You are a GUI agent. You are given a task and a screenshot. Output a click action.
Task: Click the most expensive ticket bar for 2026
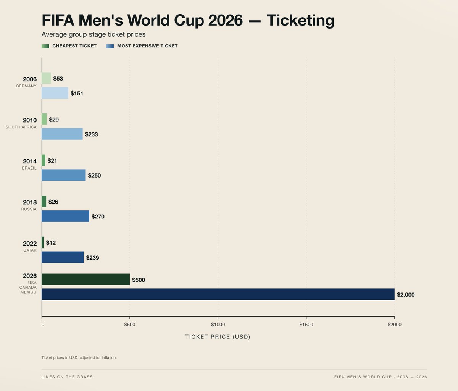(218, 294)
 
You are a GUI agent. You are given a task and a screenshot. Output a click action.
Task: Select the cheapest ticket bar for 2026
(85, 280)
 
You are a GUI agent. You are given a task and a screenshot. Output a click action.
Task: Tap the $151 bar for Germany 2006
(55, 93)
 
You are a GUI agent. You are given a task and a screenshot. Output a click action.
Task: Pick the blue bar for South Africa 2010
(62, 134)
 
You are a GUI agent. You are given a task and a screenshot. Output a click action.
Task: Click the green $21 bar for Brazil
(44, 160)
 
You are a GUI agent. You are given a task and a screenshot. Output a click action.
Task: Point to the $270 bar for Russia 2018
(65, 216)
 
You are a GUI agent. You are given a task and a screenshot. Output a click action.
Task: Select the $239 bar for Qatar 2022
(63, 257)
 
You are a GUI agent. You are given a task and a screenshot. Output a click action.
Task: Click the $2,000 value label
(405, 295)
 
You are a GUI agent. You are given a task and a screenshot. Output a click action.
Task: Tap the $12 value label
(51, 243)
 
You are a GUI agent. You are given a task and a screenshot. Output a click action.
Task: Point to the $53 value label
(58, 79)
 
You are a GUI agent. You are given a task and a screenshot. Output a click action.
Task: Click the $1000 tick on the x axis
(218, 325)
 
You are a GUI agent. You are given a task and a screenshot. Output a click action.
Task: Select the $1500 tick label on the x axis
(306, 325)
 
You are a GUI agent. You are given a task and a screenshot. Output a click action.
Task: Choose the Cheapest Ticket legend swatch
(45, 46)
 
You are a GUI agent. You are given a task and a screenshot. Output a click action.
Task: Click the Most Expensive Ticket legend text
(147, 46)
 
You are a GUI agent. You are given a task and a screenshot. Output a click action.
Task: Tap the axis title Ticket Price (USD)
(218, 337)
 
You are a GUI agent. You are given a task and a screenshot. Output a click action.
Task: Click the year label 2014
(30, 161)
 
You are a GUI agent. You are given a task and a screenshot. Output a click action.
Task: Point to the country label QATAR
(30, 250)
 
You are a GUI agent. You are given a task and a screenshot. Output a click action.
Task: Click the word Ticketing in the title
(300, 20)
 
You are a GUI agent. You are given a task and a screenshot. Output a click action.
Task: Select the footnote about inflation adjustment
(79, 358)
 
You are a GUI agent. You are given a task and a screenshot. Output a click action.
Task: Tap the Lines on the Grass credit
(67, 377)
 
